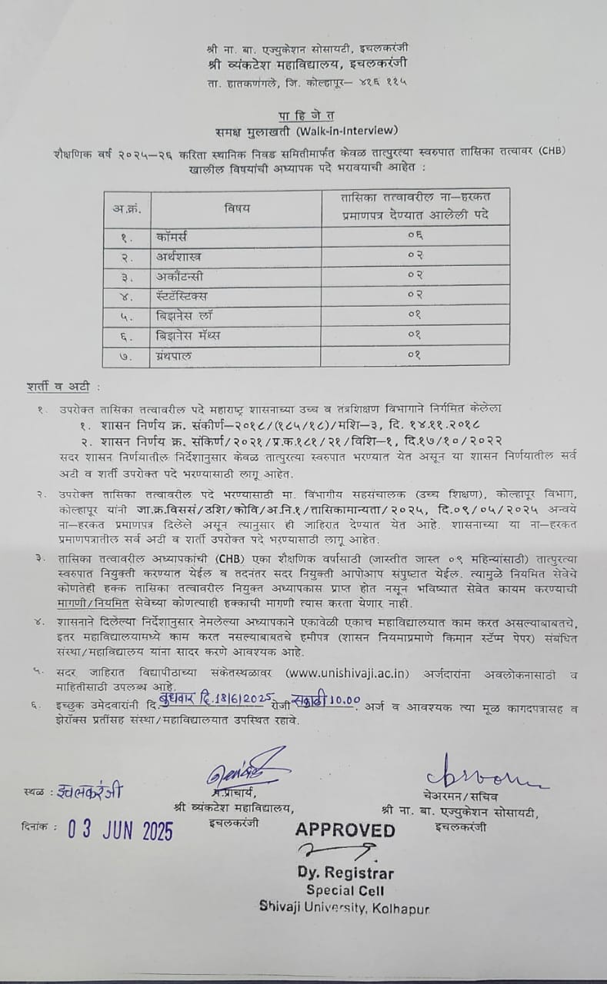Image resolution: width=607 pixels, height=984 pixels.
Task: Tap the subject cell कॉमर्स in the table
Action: pyautogui.click(x=172, y=236)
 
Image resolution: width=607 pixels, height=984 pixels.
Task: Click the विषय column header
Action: pyautogui.click(x=238, y=208)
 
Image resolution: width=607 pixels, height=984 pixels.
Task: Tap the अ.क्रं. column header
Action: pyautogui.click(x=126, y=208)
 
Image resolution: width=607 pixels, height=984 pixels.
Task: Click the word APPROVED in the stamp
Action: pyautogui.click(x=345, y=829)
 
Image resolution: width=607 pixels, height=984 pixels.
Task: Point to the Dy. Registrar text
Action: pyautogui.click(x=346, y=873)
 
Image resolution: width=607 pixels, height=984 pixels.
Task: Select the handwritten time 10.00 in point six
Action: pyautogui.click(x=345, y=700)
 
